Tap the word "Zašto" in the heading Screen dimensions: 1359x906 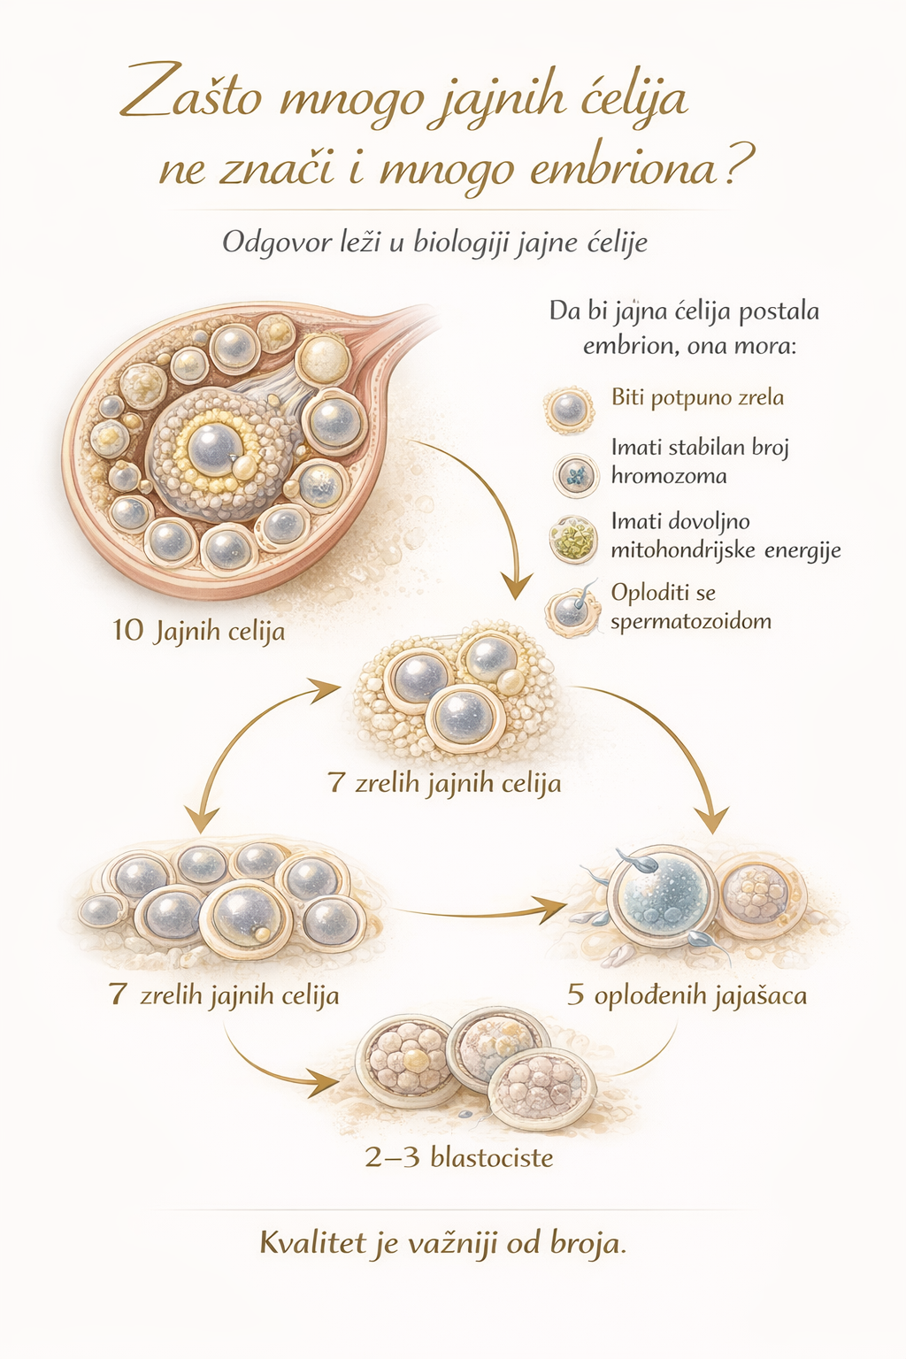(191, 96)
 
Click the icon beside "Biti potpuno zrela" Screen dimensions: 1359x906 (568, 408)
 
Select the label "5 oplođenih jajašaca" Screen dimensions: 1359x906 (687, 995)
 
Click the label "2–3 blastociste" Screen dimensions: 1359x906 (459, 1157)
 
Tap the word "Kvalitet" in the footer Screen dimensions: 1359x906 (311, 1243)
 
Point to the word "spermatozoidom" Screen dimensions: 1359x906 (690, 621)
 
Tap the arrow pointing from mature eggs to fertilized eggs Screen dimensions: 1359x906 (478, 910)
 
